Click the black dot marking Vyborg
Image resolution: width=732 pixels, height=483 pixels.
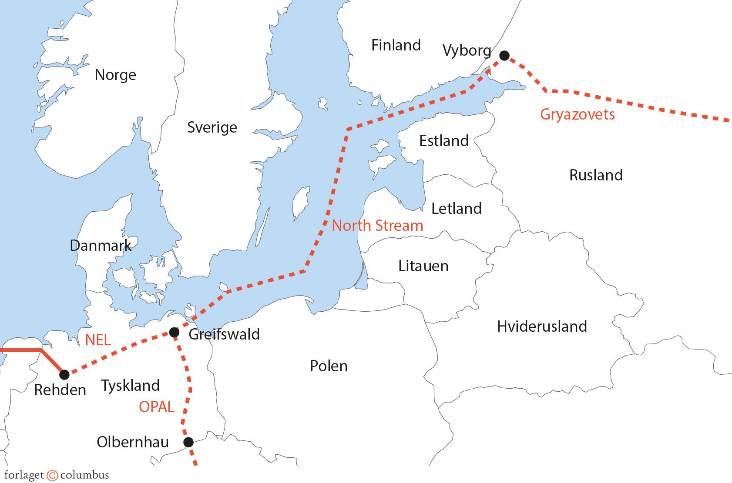(x=504, y=55)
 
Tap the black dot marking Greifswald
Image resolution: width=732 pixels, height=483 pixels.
(x=174, y=332)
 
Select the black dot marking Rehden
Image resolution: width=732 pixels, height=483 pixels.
(x=64, y=374)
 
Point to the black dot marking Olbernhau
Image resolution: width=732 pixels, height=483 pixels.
(x=188, y=442)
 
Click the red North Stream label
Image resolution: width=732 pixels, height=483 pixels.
(x=377, y=226)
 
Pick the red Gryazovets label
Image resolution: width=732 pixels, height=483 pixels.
(x=577, y=114)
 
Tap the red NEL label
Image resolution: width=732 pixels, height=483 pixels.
(x=98, y=340)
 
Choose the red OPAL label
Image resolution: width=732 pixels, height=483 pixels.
(x=156, y=407)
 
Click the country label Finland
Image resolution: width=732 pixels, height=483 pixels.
(x=396, y=45)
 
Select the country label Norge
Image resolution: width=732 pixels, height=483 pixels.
(x=115, y=75)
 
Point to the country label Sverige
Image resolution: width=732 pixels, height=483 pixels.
(x=212, y=127)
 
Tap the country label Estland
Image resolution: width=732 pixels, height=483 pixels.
(x=443, y=140)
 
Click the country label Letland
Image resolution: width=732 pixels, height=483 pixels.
(x=456, y=209)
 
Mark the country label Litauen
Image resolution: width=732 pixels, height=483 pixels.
(x=423, y=266)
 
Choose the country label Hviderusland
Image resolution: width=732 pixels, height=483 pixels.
(x=542, y=326)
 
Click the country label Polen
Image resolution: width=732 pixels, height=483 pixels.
(x=329, y=366)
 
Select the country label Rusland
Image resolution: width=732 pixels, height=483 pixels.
(x=596, y=175)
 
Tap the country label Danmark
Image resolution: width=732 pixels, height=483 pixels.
(x=101, y=246)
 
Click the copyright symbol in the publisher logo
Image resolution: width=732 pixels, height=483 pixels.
(x=52, y=475)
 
